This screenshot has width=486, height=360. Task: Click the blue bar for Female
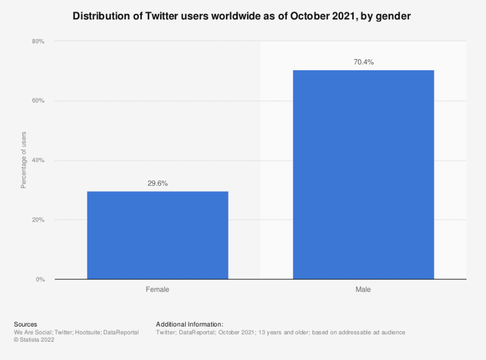pos(158,235)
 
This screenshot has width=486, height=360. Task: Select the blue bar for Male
pos(363,175)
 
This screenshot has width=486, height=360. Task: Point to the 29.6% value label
pos(158,183)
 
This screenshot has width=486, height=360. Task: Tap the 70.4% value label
pos(363,62)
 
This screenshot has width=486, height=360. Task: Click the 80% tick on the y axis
pos(38,41)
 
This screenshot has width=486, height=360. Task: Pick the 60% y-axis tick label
pos(38,101)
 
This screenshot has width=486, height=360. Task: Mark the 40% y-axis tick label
pos(38,160)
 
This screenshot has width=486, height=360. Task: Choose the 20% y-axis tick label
pos(38,219)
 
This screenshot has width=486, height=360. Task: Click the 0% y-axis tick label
pos(40,279)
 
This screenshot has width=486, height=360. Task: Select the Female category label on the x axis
pos(158,290)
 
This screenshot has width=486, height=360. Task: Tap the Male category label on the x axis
pos(363,290)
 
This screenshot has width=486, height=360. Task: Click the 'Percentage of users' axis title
pos(24,160)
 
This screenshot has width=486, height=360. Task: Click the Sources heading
pos(25,324)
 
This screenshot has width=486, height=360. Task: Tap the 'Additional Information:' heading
pos(190,324)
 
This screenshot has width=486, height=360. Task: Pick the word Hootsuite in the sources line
pos(87,332)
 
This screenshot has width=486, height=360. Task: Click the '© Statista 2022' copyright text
pos(34,340)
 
